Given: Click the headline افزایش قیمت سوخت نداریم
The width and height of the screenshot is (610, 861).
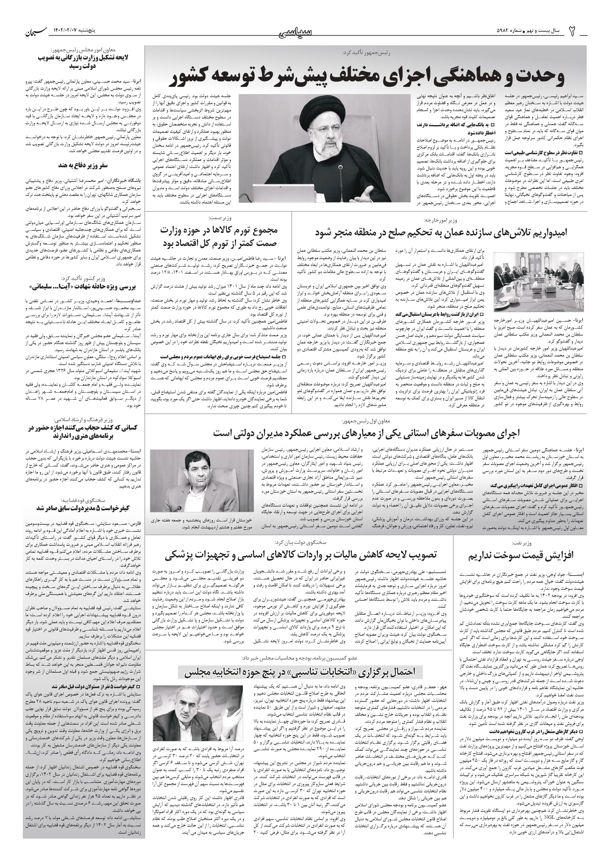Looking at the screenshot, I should tap(521, 556).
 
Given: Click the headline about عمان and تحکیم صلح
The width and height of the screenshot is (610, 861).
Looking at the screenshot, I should tap(441, 232).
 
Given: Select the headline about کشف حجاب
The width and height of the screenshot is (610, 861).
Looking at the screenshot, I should tap(83, 432).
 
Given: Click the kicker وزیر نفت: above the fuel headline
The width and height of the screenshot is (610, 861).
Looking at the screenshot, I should tap(522, 543).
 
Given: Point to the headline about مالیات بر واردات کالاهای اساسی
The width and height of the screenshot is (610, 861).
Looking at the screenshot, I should tap(300, 555).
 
